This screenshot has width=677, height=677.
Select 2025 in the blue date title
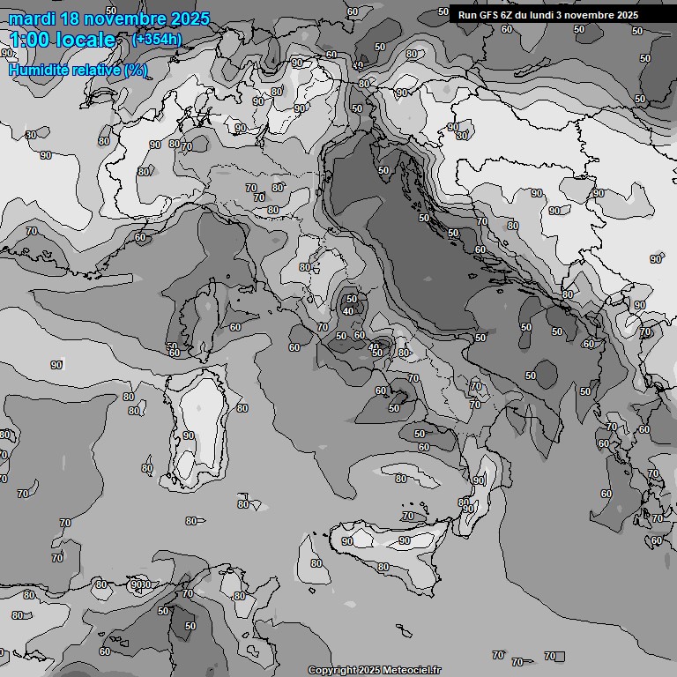187,19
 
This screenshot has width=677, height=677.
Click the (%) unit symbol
136,71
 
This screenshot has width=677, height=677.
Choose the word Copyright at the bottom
331,671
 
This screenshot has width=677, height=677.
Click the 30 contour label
32,135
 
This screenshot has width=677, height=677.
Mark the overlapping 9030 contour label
138,584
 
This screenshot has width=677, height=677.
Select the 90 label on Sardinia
188,436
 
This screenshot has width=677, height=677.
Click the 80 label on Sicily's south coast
383,567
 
